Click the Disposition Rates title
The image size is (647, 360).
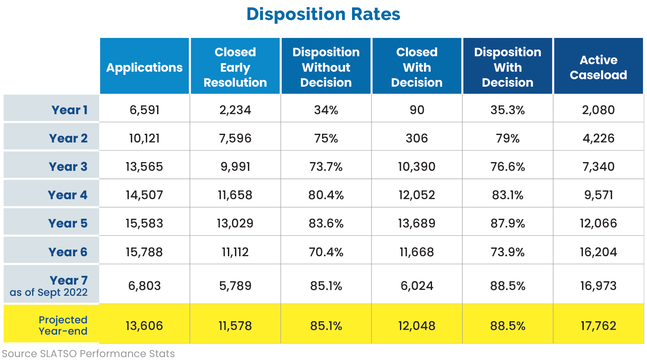(323, 14)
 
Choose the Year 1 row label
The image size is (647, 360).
(69, 110)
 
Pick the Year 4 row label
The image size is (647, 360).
(67, 195)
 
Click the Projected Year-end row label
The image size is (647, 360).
(63, 325)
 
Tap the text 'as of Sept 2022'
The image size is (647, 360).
(48, 292)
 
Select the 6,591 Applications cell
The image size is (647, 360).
(145, 110)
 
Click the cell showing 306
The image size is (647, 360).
(417, 138)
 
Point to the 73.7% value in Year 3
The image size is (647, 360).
(326, 167)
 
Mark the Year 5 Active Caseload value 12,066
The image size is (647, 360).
(599, 223)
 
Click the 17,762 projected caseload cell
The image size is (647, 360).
(599, 326)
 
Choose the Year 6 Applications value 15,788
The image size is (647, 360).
(145, 252)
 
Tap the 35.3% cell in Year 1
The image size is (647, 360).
(507, 110)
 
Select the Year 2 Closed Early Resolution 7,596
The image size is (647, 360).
(235, 138)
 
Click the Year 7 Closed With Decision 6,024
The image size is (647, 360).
(417, 286)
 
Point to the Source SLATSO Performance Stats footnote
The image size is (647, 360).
(88, 354)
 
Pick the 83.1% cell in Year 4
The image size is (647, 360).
(507, 195)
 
